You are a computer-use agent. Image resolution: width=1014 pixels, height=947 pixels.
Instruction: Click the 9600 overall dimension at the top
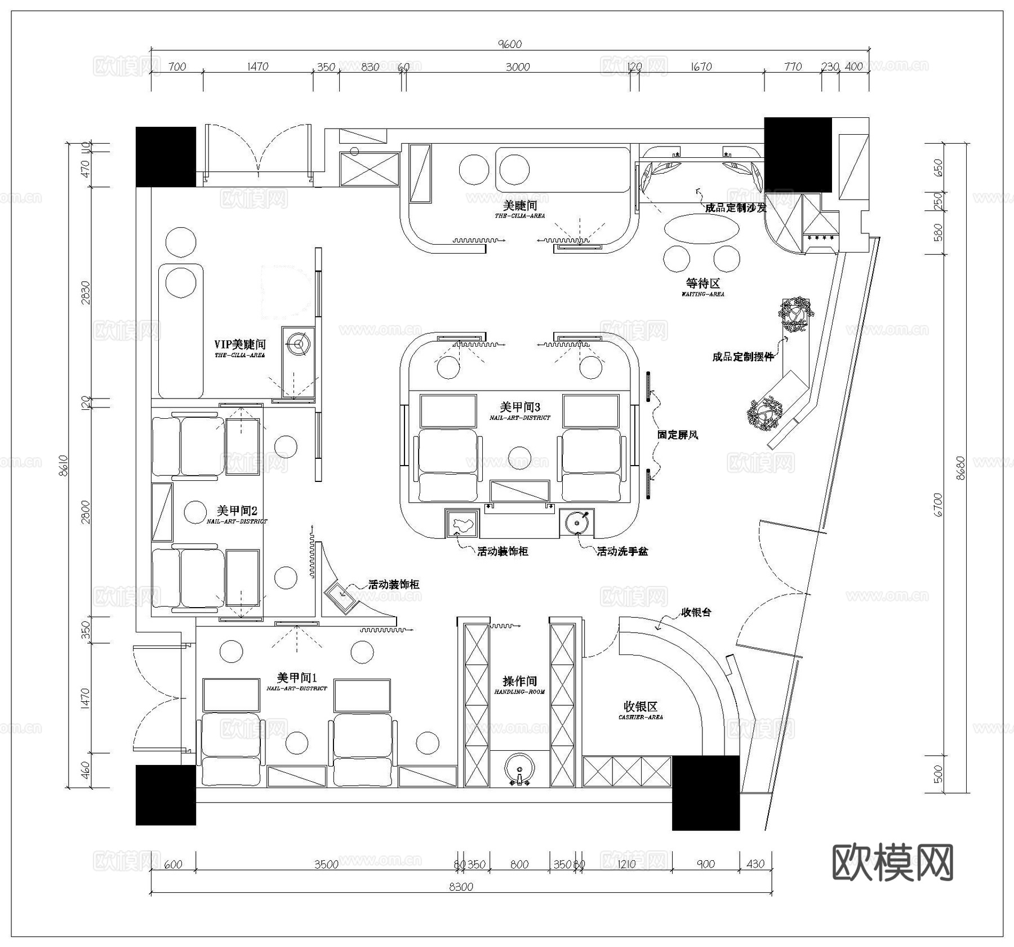[x=509, y=44]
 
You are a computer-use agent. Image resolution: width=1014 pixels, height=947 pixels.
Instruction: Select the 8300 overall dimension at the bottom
[x=461, y=887]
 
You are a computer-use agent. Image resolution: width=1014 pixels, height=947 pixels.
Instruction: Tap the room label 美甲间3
[x=519, y=406]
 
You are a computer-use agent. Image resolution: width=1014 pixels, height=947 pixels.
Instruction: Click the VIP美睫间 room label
[x=239, y=344]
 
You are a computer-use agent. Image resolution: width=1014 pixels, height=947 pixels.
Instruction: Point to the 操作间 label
[x=519, y=681]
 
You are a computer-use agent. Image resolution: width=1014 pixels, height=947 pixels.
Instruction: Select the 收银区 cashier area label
[x=641, y=706]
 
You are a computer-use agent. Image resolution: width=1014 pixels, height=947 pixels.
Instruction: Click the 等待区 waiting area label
[x=702, y=284]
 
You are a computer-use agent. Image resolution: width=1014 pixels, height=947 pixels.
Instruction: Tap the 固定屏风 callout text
[x=678, y=435]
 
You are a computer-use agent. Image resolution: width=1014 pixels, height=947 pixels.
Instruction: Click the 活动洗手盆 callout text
[x=622, y=551]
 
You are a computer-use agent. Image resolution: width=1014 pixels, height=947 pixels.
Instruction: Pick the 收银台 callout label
[x=696, y=612]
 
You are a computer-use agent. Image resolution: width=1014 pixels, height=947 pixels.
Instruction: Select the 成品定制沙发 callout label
[x=736, y=207]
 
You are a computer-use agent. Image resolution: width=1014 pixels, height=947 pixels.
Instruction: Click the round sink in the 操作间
[x=519, y=768]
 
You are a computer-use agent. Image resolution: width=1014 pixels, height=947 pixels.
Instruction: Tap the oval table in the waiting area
[x=701, y=228]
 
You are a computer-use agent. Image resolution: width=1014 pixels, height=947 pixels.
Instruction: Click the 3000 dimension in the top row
[x=517, y=67]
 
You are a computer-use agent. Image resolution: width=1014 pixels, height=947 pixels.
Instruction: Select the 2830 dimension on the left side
[x=86, y=292]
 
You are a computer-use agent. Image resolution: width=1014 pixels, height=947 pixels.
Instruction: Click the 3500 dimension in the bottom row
[x=326, y=864]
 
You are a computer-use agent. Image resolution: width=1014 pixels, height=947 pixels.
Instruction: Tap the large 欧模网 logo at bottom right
[x=892, y=862]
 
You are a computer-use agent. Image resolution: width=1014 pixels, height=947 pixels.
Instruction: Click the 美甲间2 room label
[x=237, y=511]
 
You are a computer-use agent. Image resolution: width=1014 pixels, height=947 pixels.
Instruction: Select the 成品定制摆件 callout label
[x=743, y=356]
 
